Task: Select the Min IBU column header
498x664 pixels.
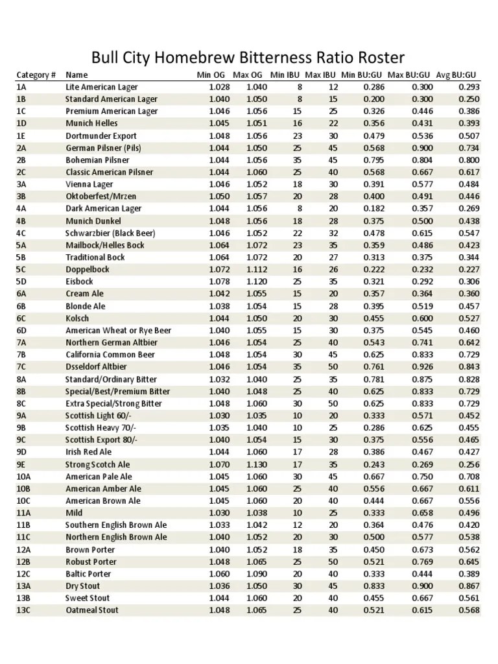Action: (x=285, y=75)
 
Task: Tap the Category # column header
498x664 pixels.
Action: (x=36, y=75)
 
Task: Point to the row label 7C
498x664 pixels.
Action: (x=21, y=367)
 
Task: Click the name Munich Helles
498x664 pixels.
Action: (x=91, y=123)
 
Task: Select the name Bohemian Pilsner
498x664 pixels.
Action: (x=97, y=160)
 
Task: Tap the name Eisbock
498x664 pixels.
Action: (x=79, y=281)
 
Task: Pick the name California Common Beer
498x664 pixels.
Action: (x=110, y=355)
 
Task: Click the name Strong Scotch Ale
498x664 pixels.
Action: (x=97, y=464)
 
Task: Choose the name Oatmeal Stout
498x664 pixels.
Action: (x=92, y=610)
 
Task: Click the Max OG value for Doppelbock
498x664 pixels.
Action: (x=256, y=270)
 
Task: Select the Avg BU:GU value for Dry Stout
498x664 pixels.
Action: (x=469, y=586)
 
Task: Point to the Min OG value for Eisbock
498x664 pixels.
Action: (x=220, y=281)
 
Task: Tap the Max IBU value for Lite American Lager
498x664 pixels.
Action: (x=333, y=87)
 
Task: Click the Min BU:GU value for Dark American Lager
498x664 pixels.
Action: (x=374, y=209)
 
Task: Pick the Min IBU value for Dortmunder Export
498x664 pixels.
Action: (x=297, y=136)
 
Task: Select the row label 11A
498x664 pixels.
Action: (x=23, y=513)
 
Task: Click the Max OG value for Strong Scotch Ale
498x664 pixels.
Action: (x=256, y=464)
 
